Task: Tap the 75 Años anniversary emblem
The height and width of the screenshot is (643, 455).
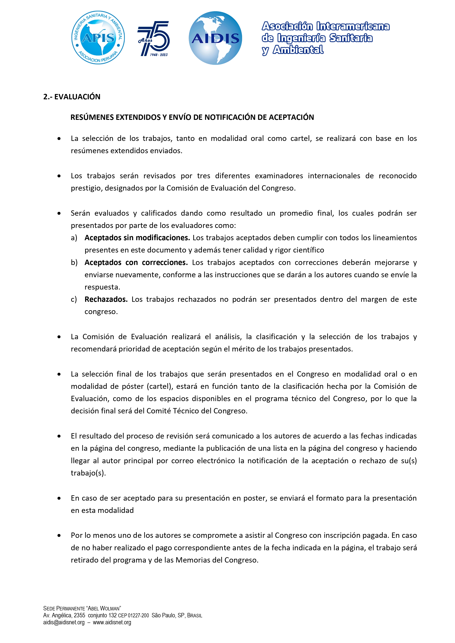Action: click(154, 38)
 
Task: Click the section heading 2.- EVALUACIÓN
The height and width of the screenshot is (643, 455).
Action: click(72, 97)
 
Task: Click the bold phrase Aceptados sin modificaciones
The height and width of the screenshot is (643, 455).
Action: click(137, 238)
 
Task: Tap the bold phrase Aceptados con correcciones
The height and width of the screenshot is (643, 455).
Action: click(136, 262)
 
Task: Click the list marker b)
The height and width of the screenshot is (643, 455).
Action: click(74, 262)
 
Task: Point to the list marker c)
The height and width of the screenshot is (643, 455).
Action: click(74, 299)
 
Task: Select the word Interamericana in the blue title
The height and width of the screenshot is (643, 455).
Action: click(353, 26)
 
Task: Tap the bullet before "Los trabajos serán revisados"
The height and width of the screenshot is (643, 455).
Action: click(59, 176)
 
